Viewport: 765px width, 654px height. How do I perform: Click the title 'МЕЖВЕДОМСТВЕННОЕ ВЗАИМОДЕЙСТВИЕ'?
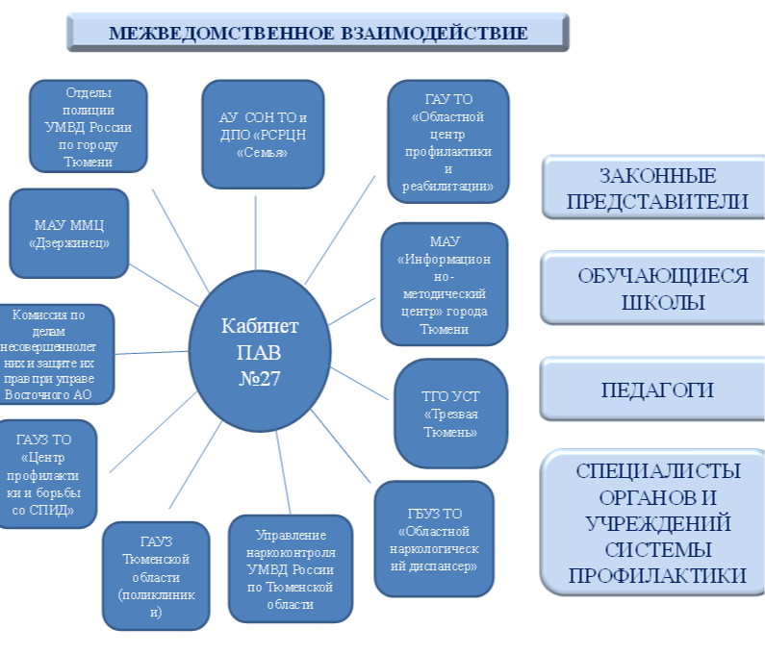pos(318,33)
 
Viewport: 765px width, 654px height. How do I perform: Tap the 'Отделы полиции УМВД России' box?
pos(88,126)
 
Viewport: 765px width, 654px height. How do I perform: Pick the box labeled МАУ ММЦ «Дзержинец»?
pos(67,234)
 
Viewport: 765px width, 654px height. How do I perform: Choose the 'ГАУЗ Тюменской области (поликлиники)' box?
pos(155,575)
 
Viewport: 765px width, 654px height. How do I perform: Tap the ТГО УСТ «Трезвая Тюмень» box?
pos(450,414)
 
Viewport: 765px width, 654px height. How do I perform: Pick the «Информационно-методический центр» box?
pos(445,284)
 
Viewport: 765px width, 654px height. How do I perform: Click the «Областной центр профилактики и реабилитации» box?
pos(447,142)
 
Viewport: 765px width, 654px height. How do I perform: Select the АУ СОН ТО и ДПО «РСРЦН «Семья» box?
pos(262,135)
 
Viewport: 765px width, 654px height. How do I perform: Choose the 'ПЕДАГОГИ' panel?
pos(657,390)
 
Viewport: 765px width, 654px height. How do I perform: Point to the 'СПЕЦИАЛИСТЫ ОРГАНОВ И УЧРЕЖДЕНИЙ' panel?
pos(657,522)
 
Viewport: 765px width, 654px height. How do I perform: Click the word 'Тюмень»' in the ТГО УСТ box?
pos(450,432)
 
